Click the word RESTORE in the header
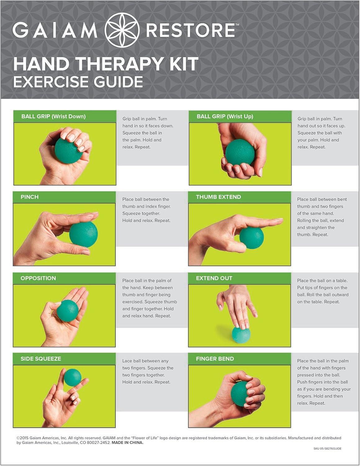click(x=191, y=30)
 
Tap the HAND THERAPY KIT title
click(x=106, y=64)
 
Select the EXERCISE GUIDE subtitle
click(x=78, y=82)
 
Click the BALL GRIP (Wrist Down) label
click(x=53, y=116)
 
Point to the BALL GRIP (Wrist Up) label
click(x=225, y=116)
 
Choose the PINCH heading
click(x=29, y=197)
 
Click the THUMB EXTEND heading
click(x=218, y=197)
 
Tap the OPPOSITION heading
click(x=38, y=278)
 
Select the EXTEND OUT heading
click(x=214, y=278)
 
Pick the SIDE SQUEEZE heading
click(x=41, y=359)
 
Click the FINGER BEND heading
click(x=215, y=359)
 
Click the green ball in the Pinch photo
click(x=83, y=235)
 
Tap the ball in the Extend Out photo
click(x=241, y=336)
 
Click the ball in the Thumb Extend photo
click(x=252, y=238)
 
